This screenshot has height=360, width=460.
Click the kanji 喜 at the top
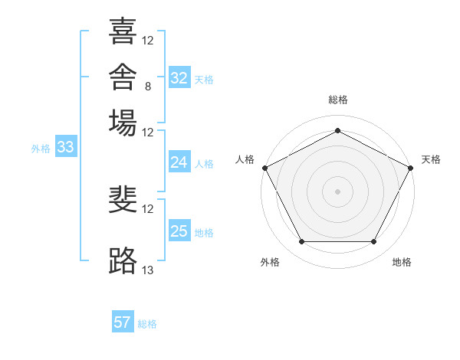(x=123, y=31)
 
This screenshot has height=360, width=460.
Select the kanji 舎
(x=123, y=77)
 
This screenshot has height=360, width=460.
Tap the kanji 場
(x=123, y=123)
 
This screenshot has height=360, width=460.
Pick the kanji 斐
(x=123, y=199)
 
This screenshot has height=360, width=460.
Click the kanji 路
(x=123, y=260)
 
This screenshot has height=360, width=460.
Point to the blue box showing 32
(x=179, y=77)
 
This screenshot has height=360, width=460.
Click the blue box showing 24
(x=179, y=162)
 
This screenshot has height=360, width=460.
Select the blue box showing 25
(x=179, y=230)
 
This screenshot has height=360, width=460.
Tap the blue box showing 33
(x=66, y=146)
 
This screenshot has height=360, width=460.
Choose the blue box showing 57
(x=123, y=321)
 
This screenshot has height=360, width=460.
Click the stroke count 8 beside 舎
(x=148, y=87)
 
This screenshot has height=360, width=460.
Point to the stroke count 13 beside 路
(x=147, y=270)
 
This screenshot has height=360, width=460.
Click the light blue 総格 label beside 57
(x=147, y=324)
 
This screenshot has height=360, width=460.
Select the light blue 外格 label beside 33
(x=41, y=149)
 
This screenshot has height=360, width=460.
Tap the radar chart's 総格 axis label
(x=338, y=100)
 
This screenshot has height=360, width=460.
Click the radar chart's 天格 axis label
(x=431, y=159)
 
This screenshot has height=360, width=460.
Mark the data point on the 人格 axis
(x=265, y=168)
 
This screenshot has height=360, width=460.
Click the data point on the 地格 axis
(x=373, y=241)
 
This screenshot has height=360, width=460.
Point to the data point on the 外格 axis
(x=302, y=241)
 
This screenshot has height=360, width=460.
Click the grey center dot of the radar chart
(x=337, y=191)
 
